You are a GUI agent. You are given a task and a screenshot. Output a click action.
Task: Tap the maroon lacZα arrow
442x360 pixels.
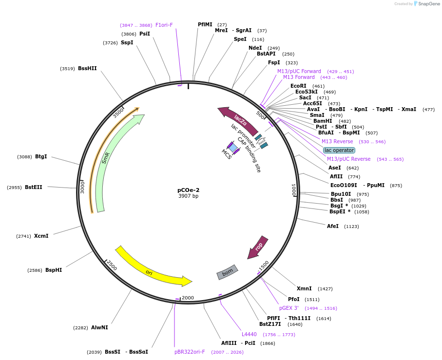coord(240,120)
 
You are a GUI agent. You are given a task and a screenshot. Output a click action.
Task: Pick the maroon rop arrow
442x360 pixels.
coord(258,247)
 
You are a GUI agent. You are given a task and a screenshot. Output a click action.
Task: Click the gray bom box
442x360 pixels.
coord(227,272)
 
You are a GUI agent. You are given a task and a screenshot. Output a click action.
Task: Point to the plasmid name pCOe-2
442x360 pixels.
coord(188,190)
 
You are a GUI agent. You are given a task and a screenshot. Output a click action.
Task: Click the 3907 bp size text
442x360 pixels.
coord(188,196)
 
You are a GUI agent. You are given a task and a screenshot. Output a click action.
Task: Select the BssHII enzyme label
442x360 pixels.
coord(87,69)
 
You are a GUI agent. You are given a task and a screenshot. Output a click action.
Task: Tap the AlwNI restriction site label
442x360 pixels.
coord(99,328)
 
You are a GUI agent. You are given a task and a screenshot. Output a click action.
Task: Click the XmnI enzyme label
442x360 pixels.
coord(304,289)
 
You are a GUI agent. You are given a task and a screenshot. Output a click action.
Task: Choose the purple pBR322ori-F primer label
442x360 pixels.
coord(190,352)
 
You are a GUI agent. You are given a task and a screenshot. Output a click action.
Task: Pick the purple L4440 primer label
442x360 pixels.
coord(249,334)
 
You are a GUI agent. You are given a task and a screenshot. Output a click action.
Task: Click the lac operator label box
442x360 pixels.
coord(339,150)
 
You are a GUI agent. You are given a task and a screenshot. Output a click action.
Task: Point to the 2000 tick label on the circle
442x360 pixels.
coord(188,298)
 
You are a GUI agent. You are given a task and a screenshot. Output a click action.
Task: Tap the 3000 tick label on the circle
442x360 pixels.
coord(82,188)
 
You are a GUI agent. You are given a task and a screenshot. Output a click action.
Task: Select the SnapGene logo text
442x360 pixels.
coord(429,4)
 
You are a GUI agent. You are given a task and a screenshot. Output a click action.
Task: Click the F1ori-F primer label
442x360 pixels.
coord(164,25)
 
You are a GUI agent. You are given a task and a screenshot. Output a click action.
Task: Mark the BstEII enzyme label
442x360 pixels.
coord(34,188)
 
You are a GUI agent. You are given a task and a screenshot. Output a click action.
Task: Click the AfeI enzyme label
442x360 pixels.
coord(333,226)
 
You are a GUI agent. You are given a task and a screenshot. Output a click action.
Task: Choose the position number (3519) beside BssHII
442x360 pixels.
coord(67,69)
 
